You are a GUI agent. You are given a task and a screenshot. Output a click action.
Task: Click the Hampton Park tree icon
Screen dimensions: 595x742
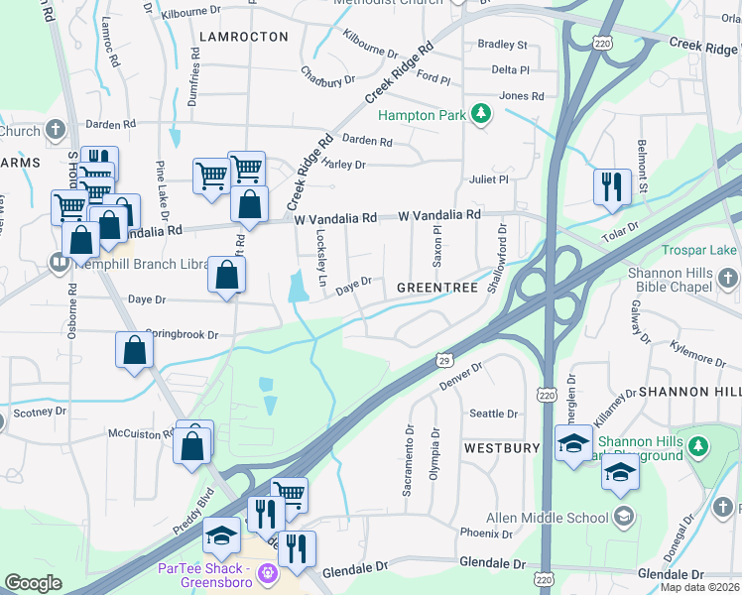pos(481,115)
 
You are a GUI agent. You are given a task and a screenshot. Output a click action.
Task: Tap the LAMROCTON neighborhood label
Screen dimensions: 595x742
pos(243,37)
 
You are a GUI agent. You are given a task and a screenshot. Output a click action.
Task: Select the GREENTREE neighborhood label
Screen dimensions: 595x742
pos(437,288)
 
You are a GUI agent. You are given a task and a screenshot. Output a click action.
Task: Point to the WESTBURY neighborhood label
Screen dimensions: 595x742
pos(501,448)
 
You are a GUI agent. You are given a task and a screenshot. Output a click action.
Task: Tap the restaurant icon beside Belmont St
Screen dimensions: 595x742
pos(612,186)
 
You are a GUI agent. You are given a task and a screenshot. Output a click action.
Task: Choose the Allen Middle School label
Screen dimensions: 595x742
pos(547,518)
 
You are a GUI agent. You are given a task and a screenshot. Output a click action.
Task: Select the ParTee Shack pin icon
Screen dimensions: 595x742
pos(266,573)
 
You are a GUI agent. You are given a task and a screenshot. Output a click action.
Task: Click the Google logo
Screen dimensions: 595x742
pos(33,583)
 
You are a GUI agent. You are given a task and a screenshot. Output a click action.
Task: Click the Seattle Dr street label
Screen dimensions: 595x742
pos(493,414)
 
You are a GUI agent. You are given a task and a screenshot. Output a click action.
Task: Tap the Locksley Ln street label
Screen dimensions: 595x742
pos(320,255)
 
